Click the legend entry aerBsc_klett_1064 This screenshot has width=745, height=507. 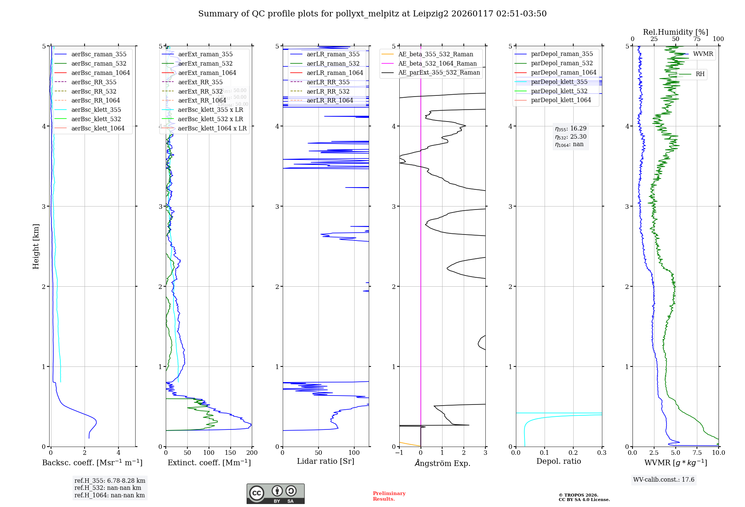coord(98,128)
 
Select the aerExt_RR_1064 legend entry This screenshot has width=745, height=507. coord(202,100)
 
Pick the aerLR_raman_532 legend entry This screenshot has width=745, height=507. coord(333,63)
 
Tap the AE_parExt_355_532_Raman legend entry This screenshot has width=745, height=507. coord(439,72)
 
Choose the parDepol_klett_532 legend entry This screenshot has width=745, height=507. coord(559,91)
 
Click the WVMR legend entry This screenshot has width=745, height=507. coord(703,54)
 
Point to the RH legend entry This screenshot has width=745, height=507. coord(700,74)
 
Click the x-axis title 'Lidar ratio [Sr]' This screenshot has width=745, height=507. coord(325,461)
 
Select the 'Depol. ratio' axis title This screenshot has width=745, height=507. coord(558,461)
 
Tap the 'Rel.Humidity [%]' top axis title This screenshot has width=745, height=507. coord(675,32)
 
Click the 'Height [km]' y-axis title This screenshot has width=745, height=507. coord(36,246)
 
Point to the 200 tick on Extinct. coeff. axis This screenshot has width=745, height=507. coord(252,453)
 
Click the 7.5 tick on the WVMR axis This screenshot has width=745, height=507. coord(697,453)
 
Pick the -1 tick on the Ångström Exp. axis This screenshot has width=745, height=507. coord(399,453)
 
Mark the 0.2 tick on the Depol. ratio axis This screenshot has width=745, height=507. coord(573,453)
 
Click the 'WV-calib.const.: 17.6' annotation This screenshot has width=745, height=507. coord(664,479)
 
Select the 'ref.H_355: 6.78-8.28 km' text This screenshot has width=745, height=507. coord(110,481)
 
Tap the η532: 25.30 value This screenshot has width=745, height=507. coord(571,136)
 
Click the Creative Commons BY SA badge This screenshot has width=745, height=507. coord(275,494)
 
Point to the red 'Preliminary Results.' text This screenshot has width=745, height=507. coord(389,496)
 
